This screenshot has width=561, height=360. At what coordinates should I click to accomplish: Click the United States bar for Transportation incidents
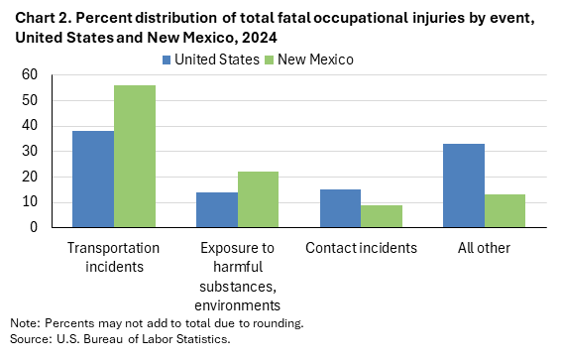point(92,180)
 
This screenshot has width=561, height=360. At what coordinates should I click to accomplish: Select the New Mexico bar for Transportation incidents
point(135,157)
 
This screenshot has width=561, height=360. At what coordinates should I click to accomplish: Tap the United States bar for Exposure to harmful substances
point(216,209)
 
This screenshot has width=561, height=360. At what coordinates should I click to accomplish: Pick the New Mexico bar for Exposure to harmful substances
point(258,199)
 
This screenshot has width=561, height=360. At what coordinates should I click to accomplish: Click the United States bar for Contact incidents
point(340,208)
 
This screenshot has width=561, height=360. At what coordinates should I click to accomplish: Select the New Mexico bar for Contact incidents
point(382,216)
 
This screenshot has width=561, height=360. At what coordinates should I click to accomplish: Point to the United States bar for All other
point(464,185)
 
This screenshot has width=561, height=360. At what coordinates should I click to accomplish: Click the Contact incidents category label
point(361,246)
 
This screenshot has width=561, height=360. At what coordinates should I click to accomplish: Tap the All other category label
point(485,246)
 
